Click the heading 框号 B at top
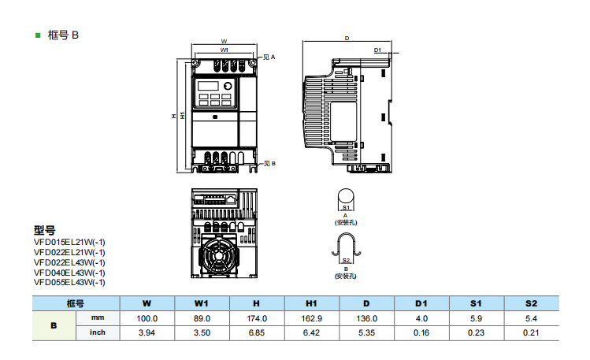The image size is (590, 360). click(x=64, y=35)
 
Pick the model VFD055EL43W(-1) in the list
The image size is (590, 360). click(x=69, y=281)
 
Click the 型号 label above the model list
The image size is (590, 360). click(x=44, y=230)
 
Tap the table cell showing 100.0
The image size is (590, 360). click(x=147, y=318)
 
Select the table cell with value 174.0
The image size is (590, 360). click(x=257, y=318)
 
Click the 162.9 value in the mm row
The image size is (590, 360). click(x=312, y=318)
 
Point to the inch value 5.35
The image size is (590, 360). click(x=366, y=332)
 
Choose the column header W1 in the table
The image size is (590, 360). click(x=202, y=303)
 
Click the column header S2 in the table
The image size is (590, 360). click(x=530, y=303)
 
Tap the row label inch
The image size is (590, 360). click(x=98, y=332)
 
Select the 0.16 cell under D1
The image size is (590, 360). click(x=421, y=332)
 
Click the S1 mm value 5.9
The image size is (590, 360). click(x=476, y=318)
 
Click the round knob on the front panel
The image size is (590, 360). click(x=229, y=87)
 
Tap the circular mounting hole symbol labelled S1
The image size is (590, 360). click(x=345, y=196)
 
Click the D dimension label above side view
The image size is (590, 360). click(x=347, y=37)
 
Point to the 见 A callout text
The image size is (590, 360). click(x=268, y=58)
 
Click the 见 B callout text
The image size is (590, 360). click(x=268, y=164)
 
